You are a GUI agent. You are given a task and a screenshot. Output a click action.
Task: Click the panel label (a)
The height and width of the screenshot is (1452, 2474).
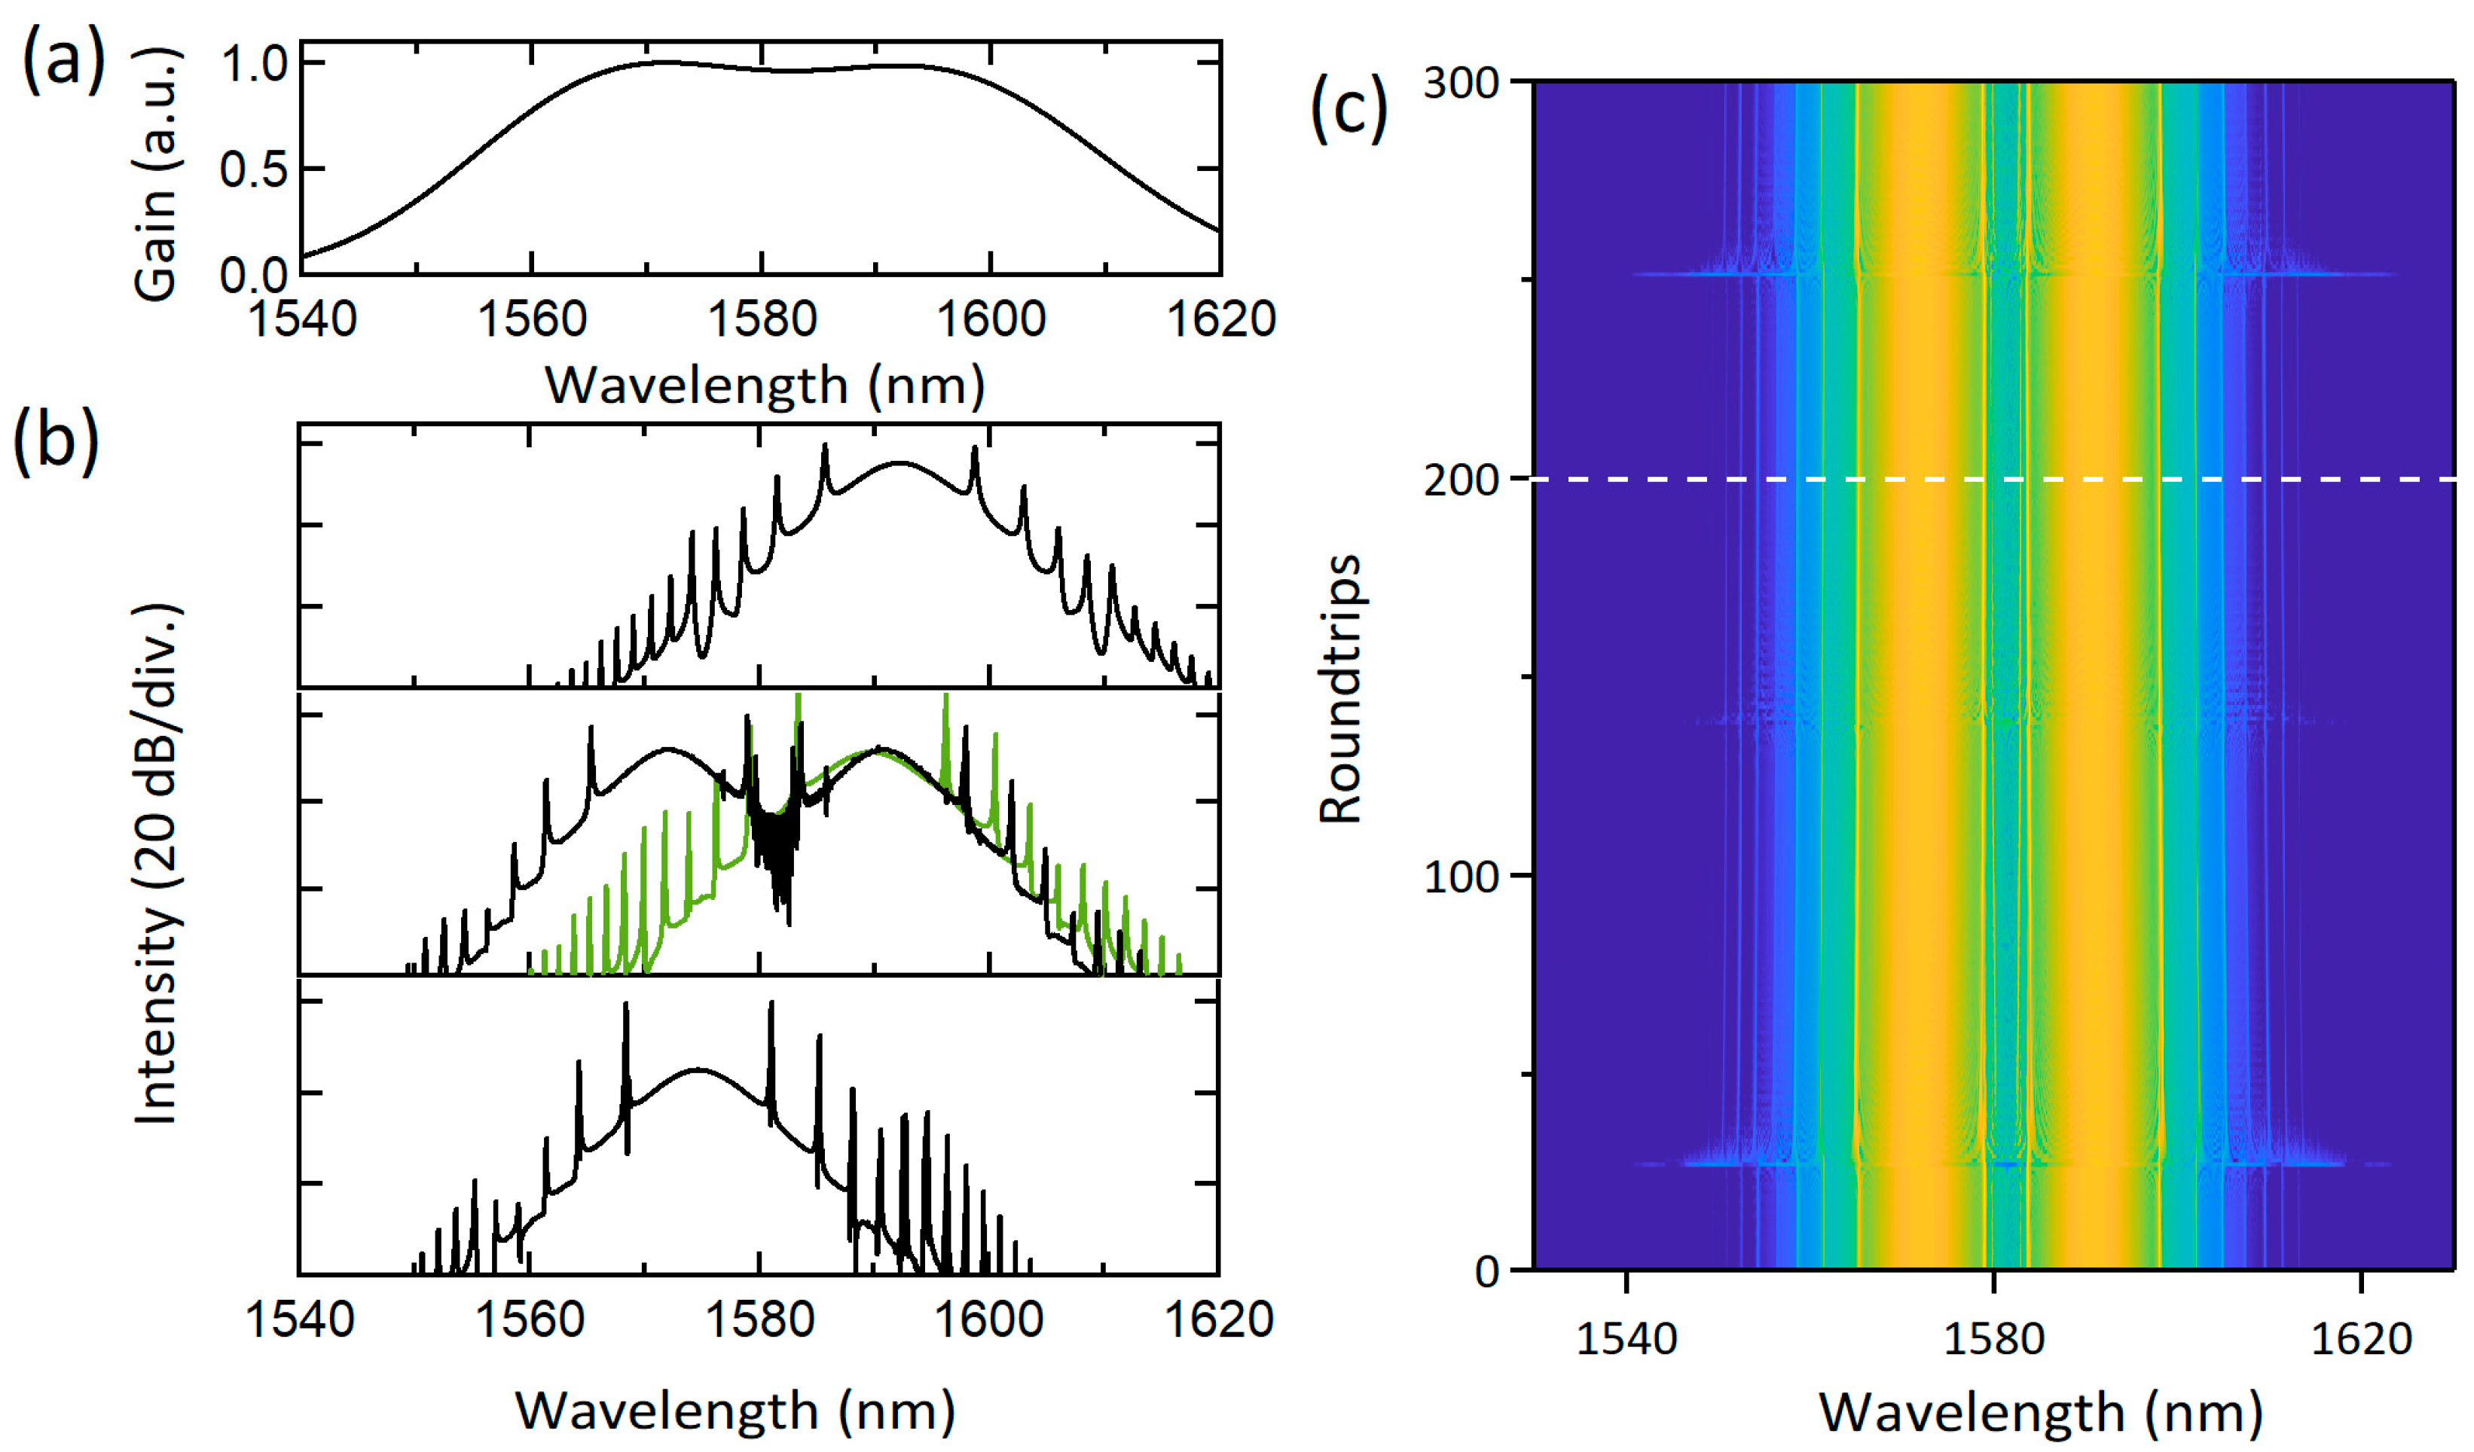coord(63,61)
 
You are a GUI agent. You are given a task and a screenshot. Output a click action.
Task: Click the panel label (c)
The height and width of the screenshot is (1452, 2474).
coord(1349,109)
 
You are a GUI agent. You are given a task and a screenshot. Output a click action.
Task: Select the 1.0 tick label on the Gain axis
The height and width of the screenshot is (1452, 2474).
coord(253,65)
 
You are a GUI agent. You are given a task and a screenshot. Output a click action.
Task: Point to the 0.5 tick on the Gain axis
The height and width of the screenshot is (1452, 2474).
coord(253,170)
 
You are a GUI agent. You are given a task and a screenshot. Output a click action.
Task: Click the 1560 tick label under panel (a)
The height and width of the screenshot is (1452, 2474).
coord(531,319)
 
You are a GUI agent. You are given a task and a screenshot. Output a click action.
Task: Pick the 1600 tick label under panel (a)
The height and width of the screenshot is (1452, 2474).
coord(991,319)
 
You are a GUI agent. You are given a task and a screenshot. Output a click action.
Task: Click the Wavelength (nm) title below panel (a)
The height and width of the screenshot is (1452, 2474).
coord(765,385)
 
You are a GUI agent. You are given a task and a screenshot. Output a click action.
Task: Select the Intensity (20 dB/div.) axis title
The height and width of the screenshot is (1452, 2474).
coord(157,864)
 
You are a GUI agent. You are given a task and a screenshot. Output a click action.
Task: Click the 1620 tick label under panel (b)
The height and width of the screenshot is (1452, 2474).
coord(1217,1319)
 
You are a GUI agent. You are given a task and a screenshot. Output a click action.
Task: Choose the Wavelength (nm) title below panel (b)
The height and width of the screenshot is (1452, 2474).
coord(735,1411)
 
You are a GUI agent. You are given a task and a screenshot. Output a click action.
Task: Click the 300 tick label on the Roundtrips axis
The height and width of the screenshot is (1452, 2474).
coord(1461,84)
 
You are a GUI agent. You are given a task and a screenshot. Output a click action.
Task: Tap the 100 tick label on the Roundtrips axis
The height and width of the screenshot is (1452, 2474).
coord(1461,877)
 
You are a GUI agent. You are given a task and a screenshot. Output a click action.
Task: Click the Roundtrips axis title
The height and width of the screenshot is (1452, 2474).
coord(1341,688)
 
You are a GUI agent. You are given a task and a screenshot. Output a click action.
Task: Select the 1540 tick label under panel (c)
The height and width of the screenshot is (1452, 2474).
coord(1626,1339)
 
